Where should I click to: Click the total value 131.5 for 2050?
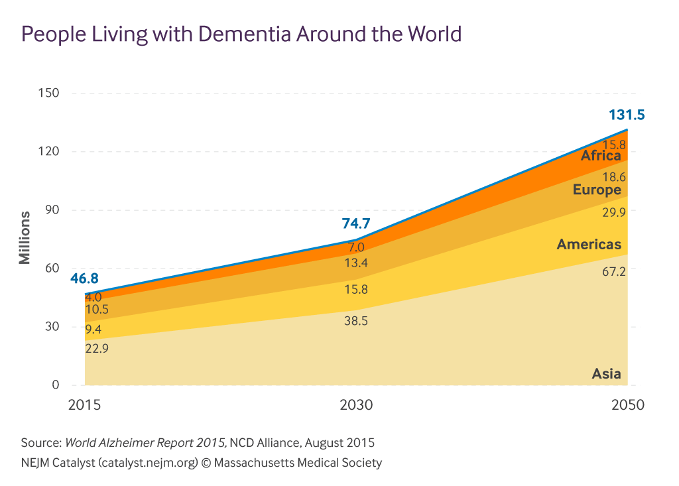tap(627, 115)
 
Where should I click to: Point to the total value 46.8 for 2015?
tap(84, 278)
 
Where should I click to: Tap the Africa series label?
tap(601, 156)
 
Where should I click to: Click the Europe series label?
tap(597, 190)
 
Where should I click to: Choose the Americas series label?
tap(589, 245)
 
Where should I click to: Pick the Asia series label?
tap(606, 374)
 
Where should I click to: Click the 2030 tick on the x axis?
tap(356, 404)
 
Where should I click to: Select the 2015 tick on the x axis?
tap(85, 404)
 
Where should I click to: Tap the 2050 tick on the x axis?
tap(627, 404)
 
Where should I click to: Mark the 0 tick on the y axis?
tap(56, 385)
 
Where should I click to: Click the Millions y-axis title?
tap(25, 237)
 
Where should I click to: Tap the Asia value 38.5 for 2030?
tap(355, 321)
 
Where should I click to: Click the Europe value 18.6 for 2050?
tap(614, 177)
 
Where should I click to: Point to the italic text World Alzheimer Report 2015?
tap(146, 442)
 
